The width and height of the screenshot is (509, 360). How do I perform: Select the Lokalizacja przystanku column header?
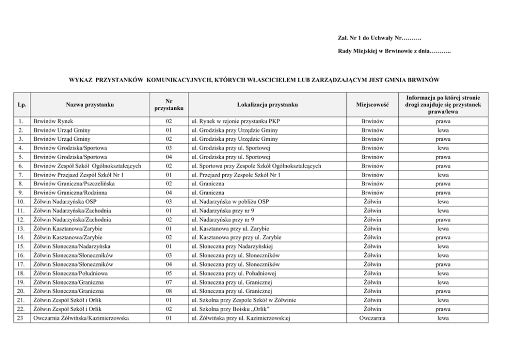click(267, 105)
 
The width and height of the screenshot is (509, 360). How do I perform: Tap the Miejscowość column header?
click(372, 105)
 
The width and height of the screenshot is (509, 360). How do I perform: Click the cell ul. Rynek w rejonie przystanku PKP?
click(236, 121)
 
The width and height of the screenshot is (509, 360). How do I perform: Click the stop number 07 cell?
click(169, 282)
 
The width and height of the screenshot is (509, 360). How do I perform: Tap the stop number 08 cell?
click(169, 291)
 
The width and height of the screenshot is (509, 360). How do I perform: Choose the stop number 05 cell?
click(169, 273)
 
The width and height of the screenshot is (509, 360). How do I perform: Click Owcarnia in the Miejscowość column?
click(372, 318)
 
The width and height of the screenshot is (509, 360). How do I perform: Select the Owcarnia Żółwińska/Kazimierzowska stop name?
click(81, 318)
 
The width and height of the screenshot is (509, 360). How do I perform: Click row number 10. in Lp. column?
click(20, 202)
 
